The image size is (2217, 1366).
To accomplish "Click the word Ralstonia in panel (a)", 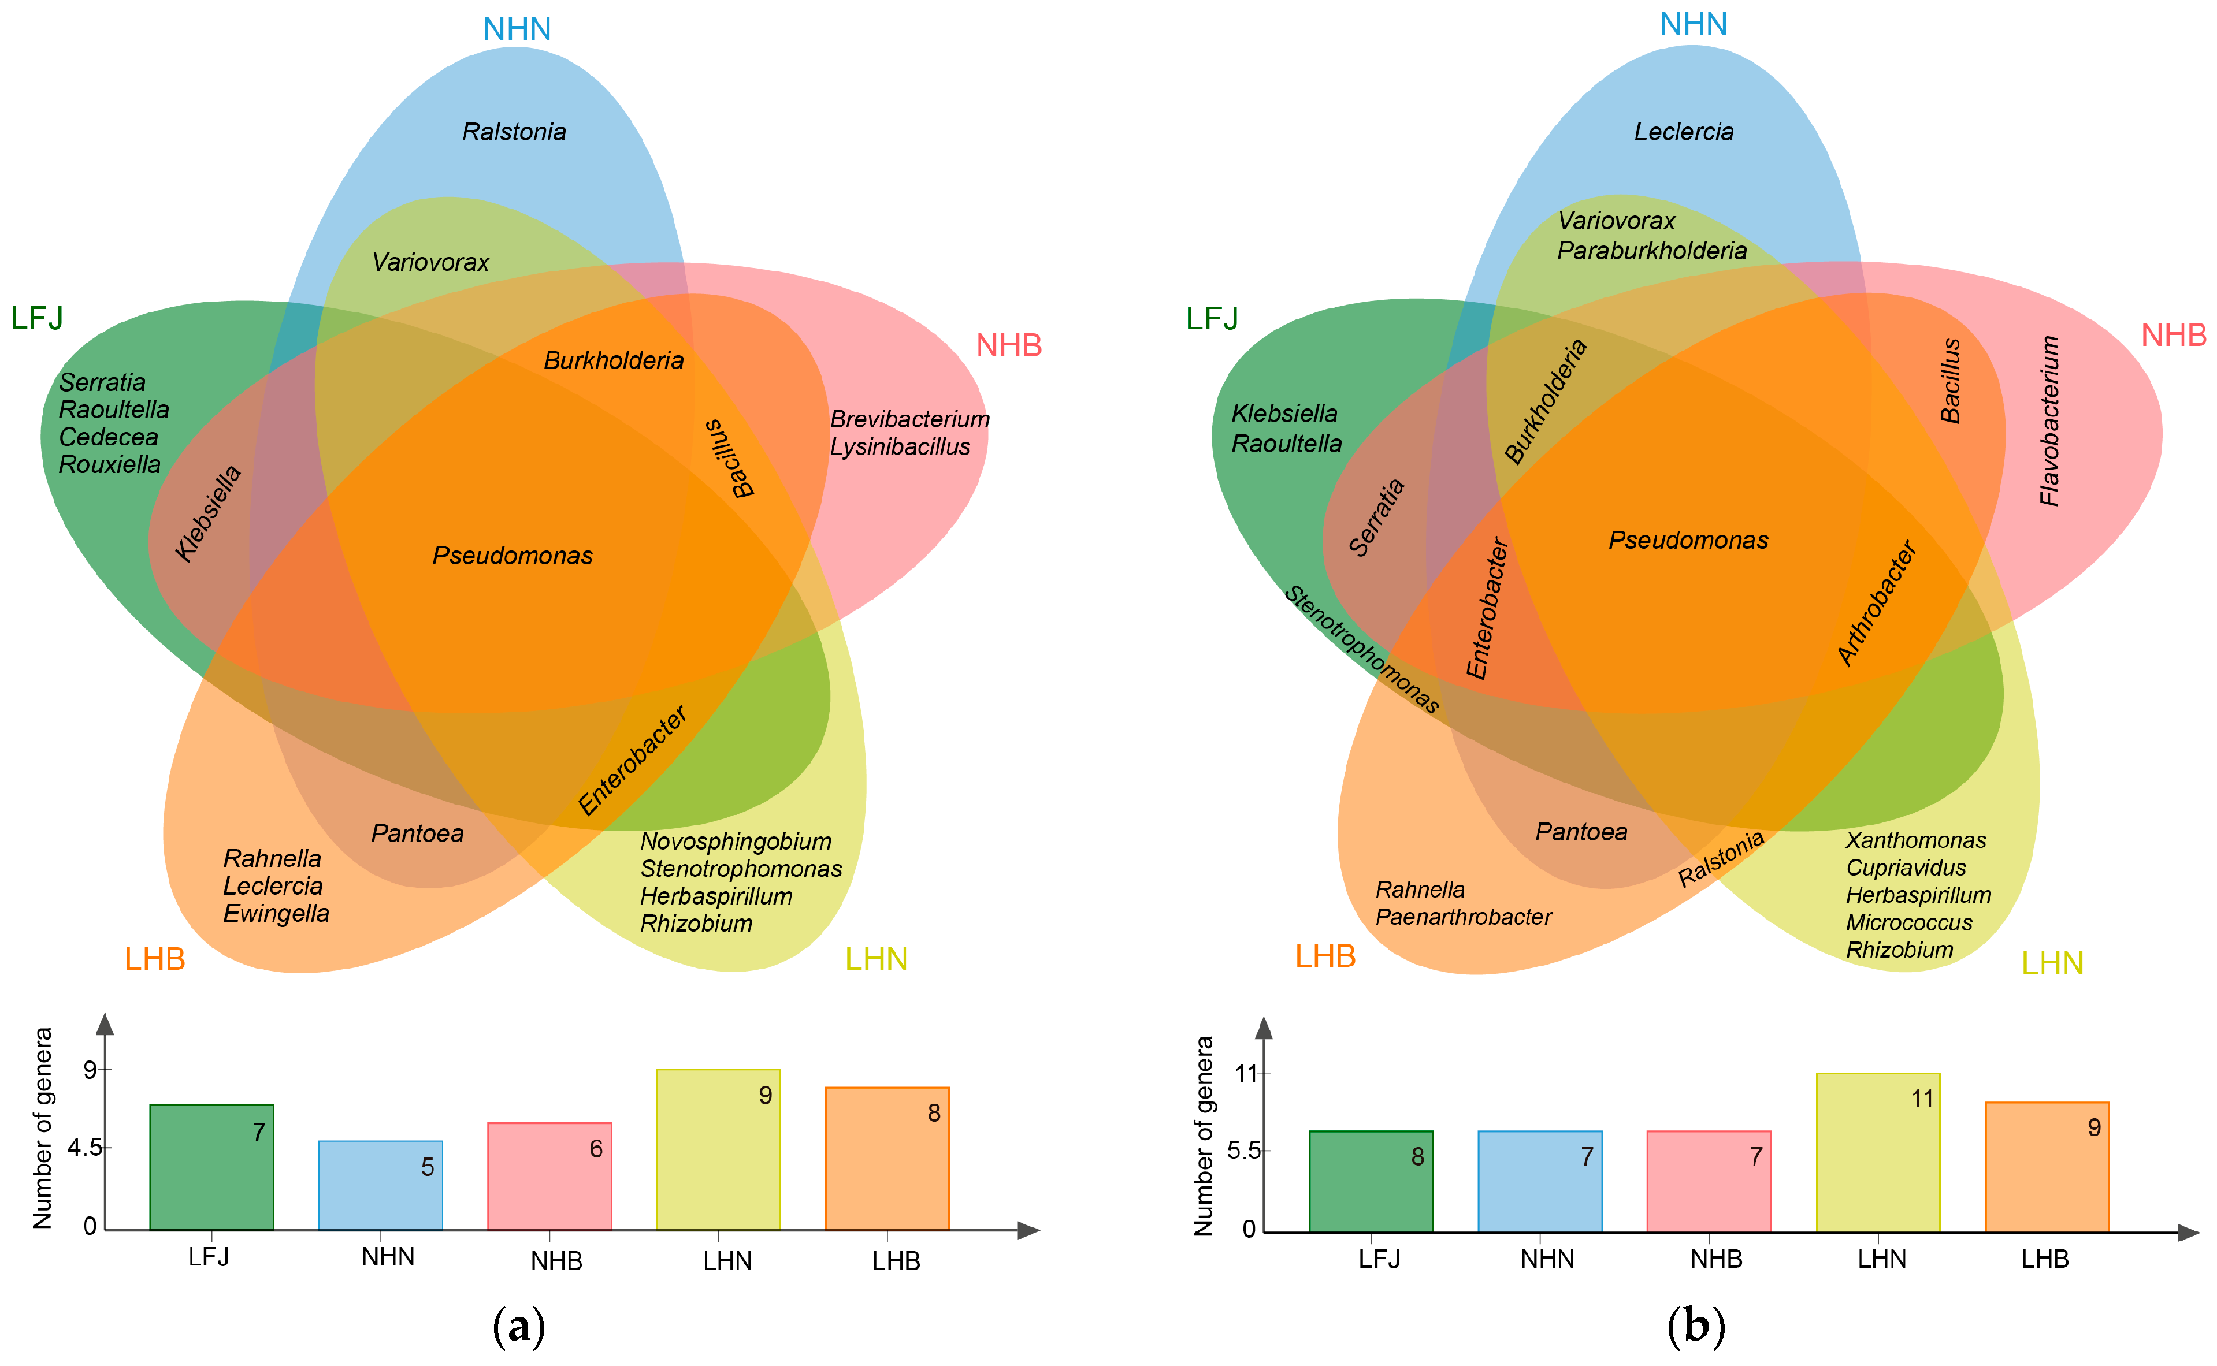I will [514, 132].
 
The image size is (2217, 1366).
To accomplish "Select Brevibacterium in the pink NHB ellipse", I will [909, 419].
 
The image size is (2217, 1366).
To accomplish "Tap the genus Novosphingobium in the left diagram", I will [736, 841].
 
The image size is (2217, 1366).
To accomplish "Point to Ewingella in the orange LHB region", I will [276, 913].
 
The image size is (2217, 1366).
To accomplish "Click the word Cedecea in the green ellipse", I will [109, 437].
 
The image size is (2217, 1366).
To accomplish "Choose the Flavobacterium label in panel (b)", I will [2050, 421].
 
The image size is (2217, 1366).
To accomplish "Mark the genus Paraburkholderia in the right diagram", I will [1651, 250].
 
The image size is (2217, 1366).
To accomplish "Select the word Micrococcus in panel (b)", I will [1909, 922].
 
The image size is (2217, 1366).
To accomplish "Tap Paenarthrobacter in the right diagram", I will [1463, 917].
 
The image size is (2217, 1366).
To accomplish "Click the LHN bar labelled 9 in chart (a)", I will [718, 1149].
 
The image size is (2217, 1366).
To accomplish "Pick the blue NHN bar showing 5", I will [381, 1185].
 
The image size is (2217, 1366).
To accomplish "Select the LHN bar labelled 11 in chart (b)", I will [1877, 1152].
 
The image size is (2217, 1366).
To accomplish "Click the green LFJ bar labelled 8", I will [1370, 1181].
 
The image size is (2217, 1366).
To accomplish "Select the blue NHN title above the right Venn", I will [1693, 24].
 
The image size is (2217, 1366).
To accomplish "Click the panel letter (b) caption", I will [1695, 1326].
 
